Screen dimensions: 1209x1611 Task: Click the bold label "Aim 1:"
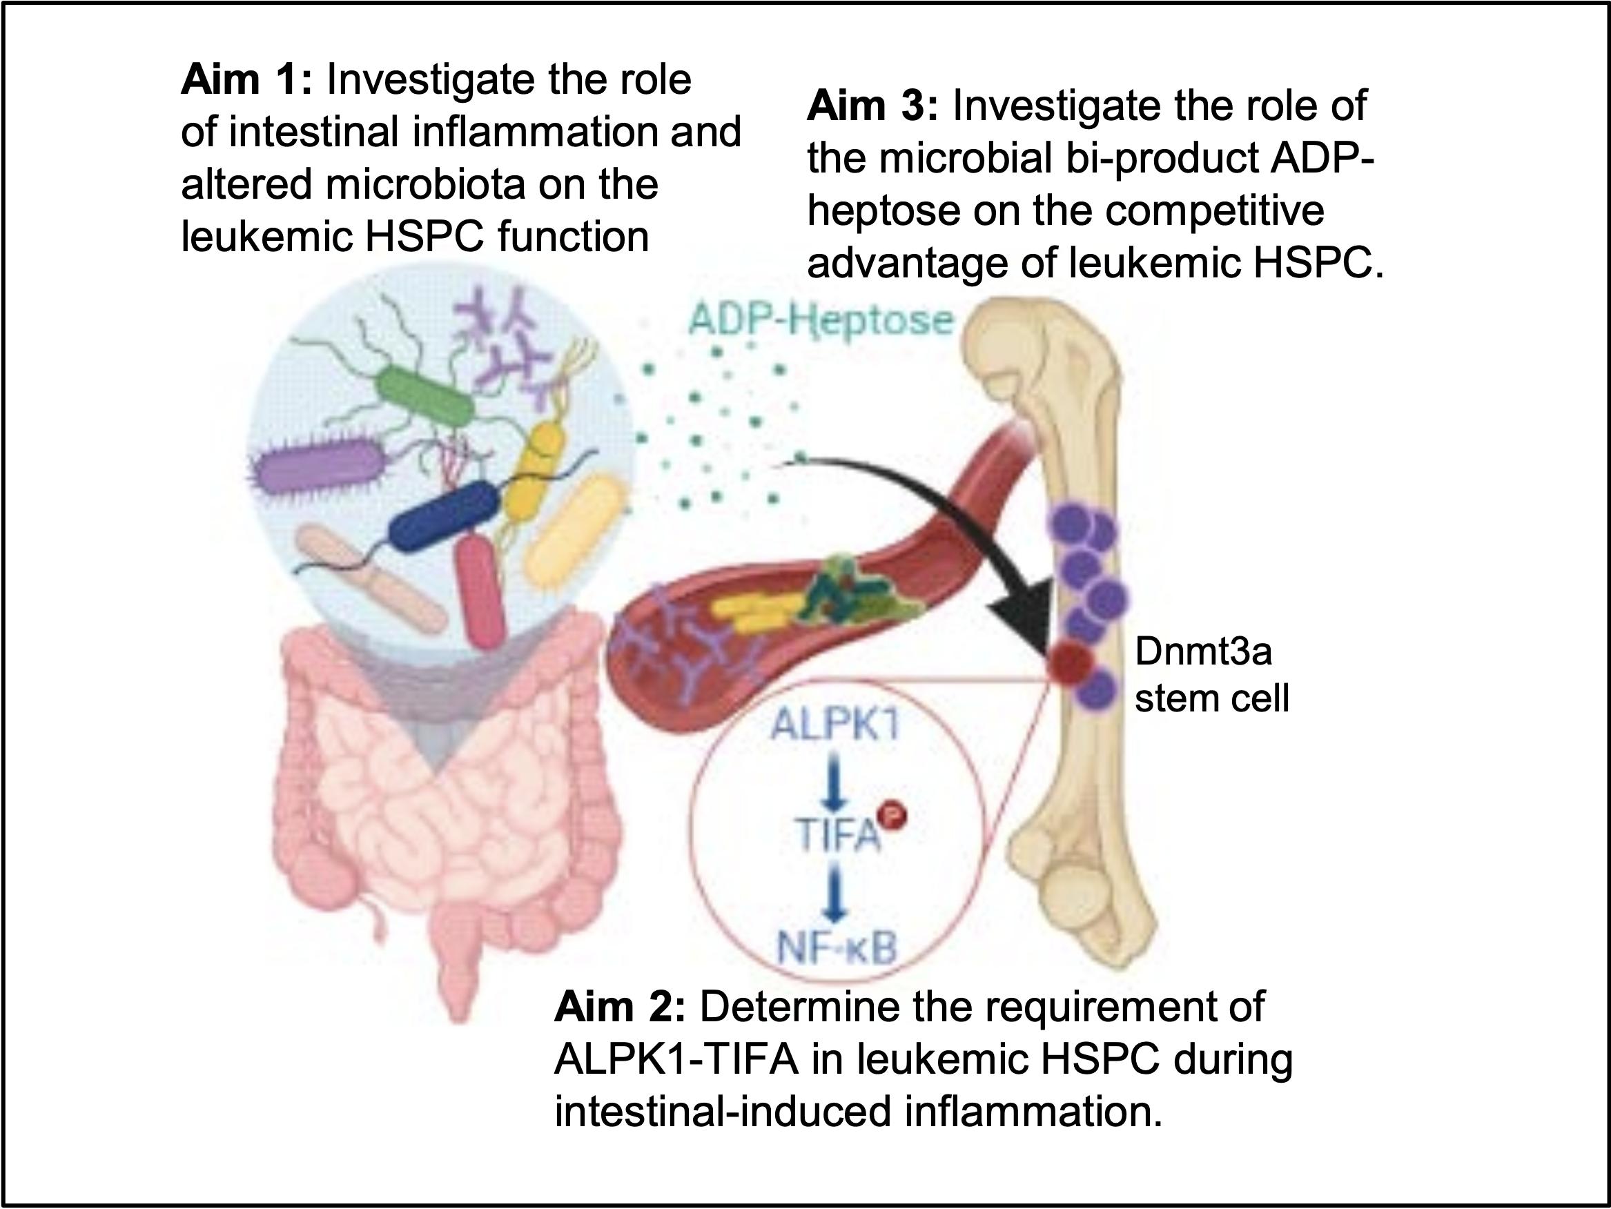coord(246,79)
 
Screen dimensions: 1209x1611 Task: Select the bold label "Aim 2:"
coord(620,1007)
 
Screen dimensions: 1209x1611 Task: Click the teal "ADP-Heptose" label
coord(821,320)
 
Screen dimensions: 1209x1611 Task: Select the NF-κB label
coord(836,947)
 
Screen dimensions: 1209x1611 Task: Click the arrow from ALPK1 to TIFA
coord(834,780)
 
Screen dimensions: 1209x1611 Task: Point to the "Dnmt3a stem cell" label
coord(1211,674)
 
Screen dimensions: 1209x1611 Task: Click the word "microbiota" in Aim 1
coord(425,184)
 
